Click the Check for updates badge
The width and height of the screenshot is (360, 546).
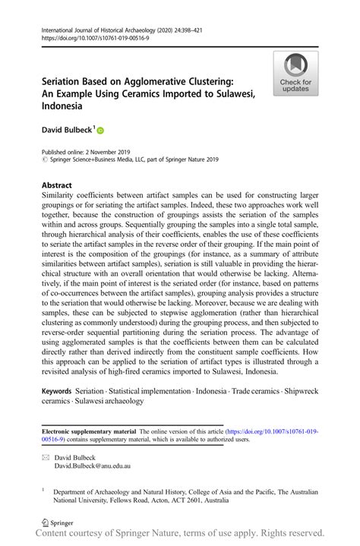click(295, 74)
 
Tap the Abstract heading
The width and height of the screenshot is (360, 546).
click(57, 185)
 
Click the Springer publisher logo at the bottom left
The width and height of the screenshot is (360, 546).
click(56, 523)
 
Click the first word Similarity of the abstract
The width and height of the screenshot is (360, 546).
click(62, 195)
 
